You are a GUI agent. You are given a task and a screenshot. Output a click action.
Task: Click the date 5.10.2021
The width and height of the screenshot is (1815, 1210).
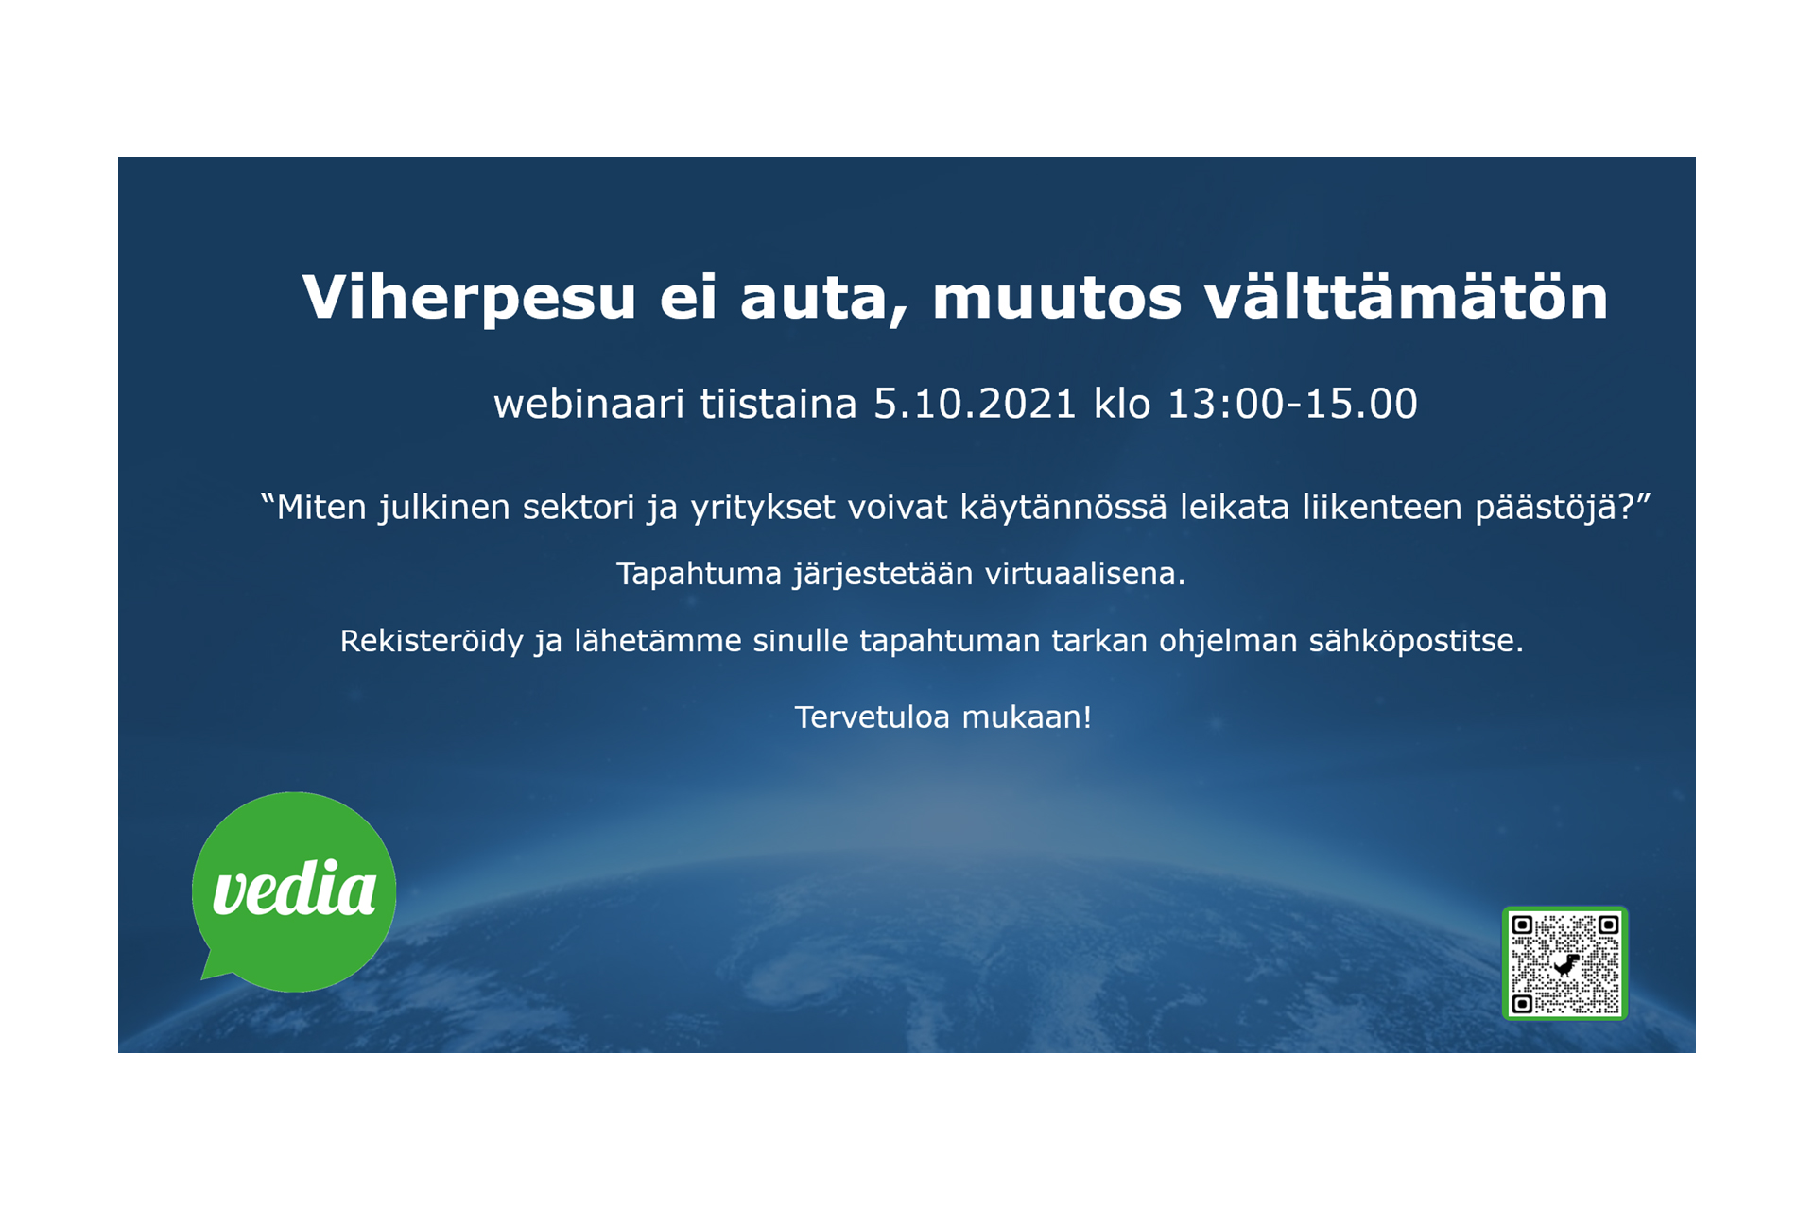975,405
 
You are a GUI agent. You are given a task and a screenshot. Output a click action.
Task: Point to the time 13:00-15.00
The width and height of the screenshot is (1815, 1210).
1292,405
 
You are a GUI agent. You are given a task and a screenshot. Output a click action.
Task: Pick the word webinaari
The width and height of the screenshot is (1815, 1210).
589,405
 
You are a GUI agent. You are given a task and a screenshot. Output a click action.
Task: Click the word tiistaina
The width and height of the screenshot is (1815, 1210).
778,405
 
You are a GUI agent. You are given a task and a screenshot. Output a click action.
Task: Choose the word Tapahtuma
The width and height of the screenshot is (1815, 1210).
699,575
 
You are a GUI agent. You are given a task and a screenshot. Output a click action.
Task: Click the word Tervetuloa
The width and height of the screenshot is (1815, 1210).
872,717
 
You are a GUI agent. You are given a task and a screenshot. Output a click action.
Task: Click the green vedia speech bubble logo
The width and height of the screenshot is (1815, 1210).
294,891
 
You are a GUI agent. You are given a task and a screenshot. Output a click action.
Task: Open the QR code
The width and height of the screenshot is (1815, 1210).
1564,963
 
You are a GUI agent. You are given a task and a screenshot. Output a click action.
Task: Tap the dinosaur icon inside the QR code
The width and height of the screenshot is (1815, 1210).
1566,965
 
